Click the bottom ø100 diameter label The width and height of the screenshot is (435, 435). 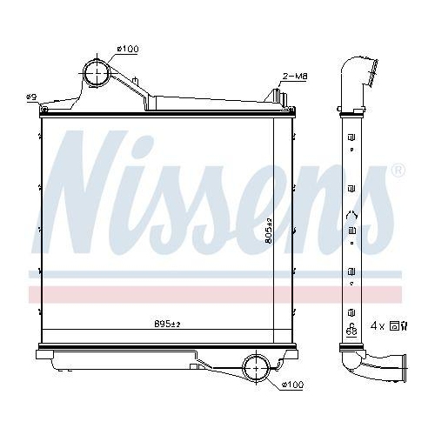(x=292, y=383)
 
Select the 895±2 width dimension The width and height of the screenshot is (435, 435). (x=166, y=323)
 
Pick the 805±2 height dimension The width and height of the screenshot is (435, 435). (x=270, y=230)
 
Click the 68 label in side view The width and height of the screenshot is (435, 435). (x=351, y=330)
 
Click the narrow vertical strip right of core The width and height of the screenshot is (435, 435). (x=282, y=231)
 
